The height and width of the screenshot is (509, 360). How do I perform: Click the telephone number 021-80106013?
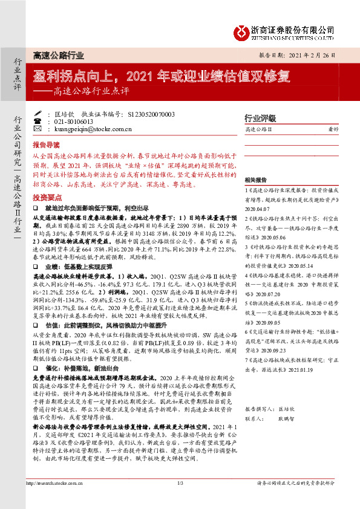[71, 122]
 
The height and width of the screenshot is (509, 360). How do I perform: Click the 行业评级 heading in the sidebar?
[260, 118]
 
